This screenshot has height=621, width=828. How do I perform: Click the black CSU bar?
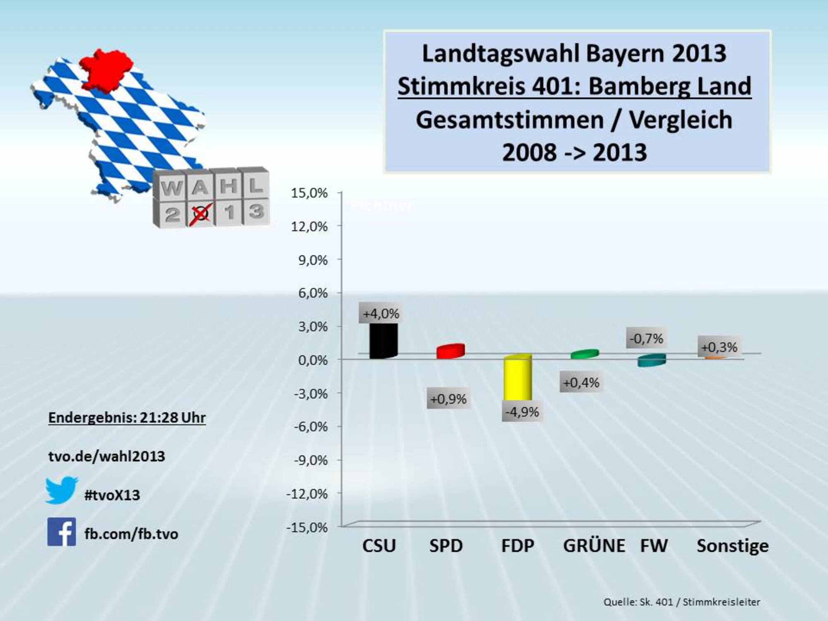coord(383,340)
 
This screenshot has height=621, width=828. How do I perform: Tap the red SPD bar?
coord(450,351)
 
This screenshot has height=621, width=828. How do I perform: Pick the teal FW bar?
coord(651,360)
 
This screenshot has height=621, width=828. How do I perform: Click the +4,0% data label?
coord(381,314)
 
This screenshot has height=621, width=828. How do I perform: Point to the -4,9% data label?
coord(522,412)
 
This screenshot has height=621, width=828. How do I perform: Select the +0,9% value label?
coord(448,399)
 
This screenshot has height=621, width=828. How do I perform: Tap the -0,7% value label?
coord(646,339)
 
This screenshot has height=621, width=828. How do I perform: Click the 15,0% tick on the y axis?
coord(309,193)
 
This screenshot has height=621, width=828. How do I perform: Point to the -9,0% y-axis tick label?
coord(310,460)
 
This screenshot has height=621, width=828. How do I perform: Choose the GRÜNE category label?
coord(594,546)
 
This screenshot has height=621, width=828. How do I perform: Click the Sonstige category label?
coord(732,546)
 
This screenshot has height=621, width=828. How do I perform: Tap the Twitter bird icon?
coord(61,490)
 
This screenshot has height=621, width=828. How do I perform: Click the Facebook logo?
coord(62,532)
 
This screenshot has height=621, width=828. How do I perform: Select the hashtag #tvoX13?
coord(112,495)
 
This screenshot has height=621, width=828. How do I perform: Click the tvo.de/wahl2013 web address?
coord(107,456)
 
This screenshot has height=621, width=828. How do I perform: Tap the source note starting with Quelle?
coord(681,602)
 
